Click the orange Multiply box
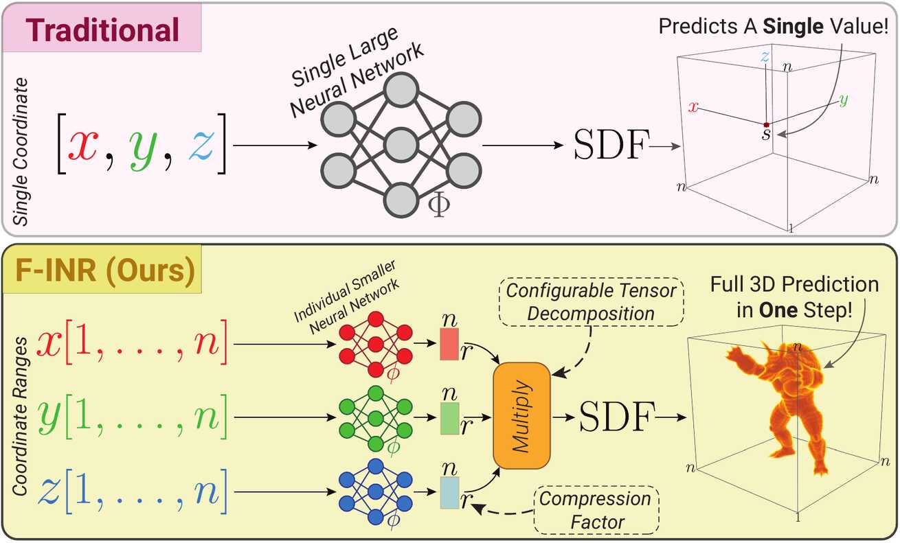point(521,416)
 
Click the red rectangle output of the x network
point(449,345)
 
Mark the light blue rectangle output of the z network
point(449,492)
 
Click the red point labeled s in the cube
point(767,124)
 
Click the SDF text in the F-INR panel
point(615,416)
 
